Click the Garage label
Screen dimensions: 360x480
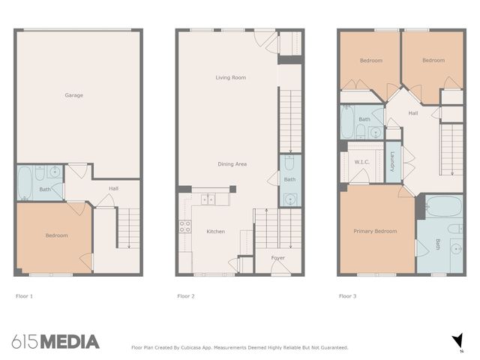click(x=73, y=95)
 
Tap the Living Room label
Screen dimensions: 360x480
click(x=230, y=77)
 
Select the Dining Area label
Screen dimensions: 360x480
click(x=232, y=163)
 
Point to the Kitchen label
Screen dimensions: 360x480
click(x=215, y=232)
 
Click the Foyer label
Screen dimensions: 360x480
click(x=278, y=258)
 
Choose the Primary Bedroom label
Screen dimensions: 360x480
click(x=374, y=231)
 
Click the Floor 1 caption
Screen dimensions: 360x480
click(x=25, y=296)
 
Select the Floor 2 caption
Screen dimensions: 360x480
click(x=186, y=296)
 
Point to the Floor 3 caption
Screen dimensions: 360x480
click(x=347, y=296)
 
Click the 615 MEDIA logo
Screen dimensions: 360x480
click(x=55, y=342)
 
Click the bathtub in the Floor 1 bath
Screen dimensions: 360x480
click(x=24, y=182)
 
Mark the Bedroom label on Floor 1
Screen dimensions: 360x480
click(x=56, y=235)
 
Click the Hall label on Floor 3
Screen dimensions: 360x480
click(x=412, y=113)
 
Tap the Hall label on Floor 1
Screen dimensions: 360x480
click(x=113, y=188)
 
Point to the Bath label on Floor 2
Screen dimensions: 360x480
click(x=289, y=179)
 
